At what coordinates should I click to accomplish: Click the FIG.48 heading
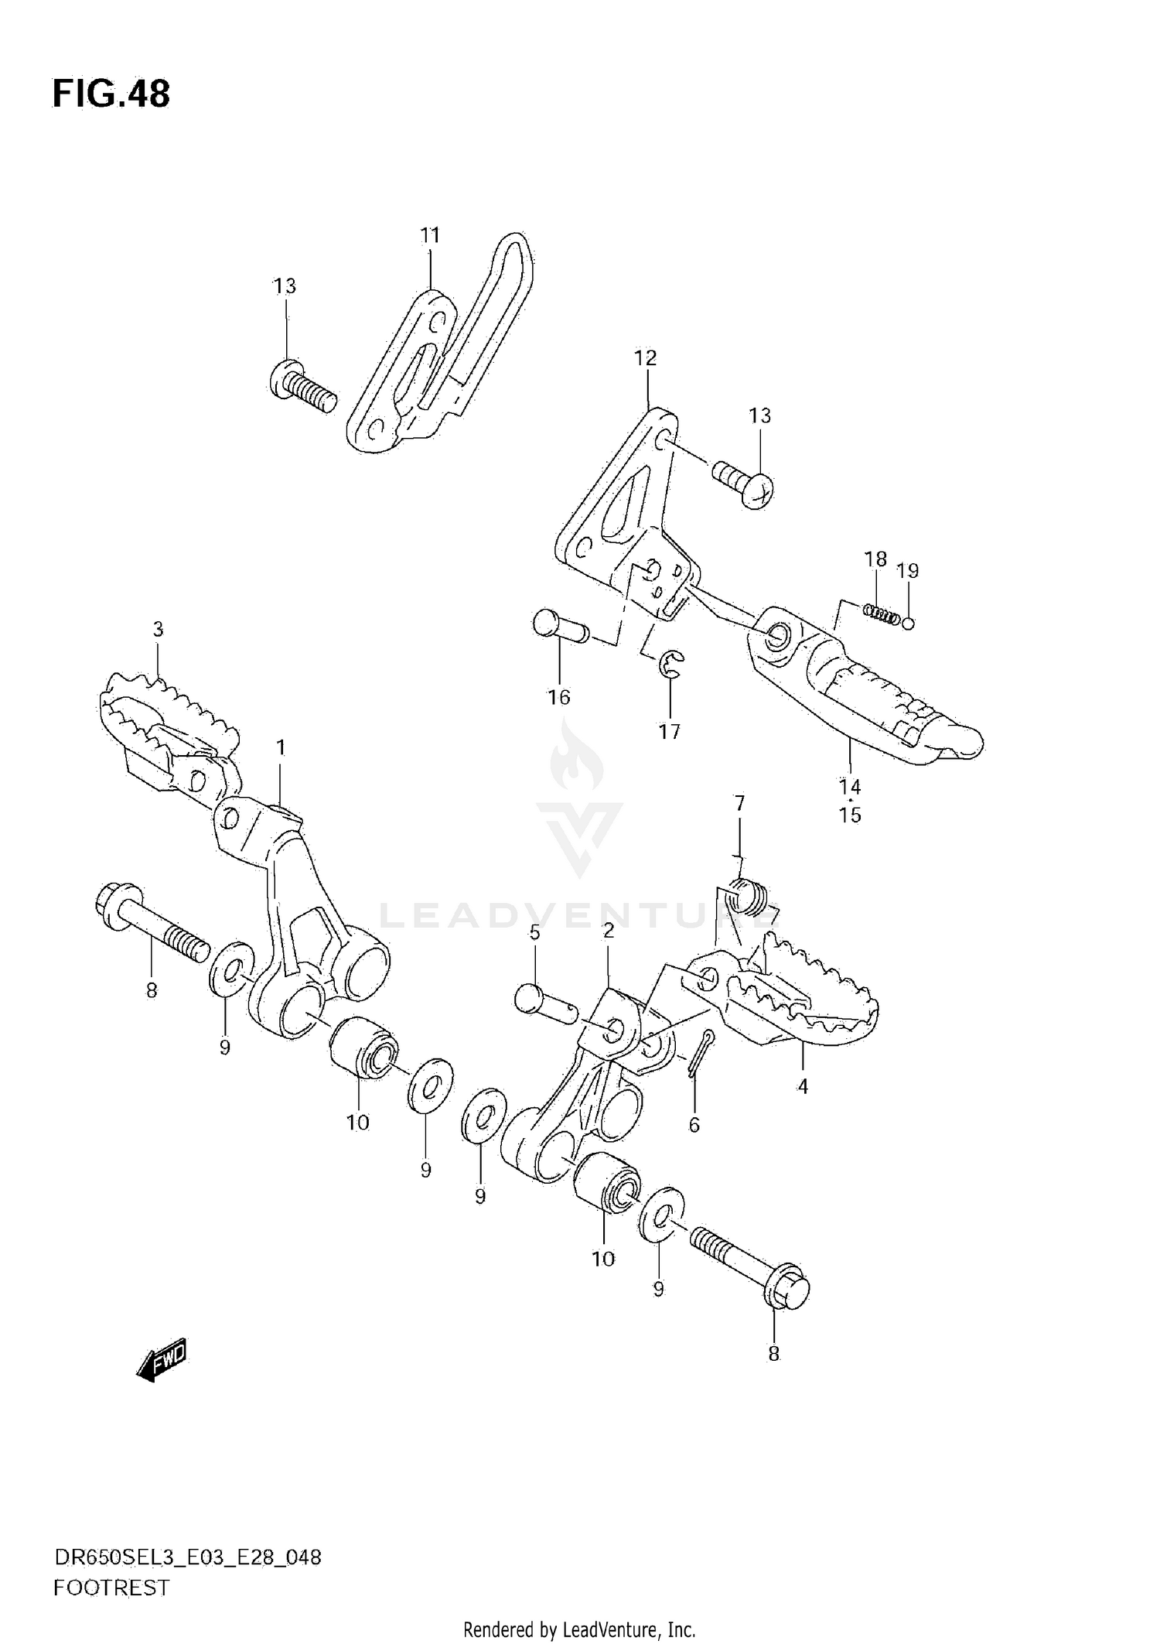coord(111,94)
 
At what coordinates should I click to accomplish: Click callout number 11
coord(430,235)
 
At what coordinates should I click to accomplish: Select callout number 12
coord(645,358)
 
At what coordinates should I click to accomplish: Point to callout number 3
coord(158,630)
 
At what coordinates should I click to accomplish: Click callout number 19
coord(907,571)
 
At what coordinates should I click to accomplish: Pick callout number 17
coord(669,731)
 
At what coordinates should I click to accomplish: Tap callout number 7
coord(739,804)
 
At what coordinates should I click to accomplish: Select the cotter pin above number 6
coord(701,1052)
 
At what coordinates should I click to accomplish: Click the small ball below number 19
coord(908,623)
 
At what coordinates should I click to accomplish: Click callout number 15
coord(850,815)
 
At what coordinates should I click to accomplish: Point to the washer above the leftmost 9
coord(230,966)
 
